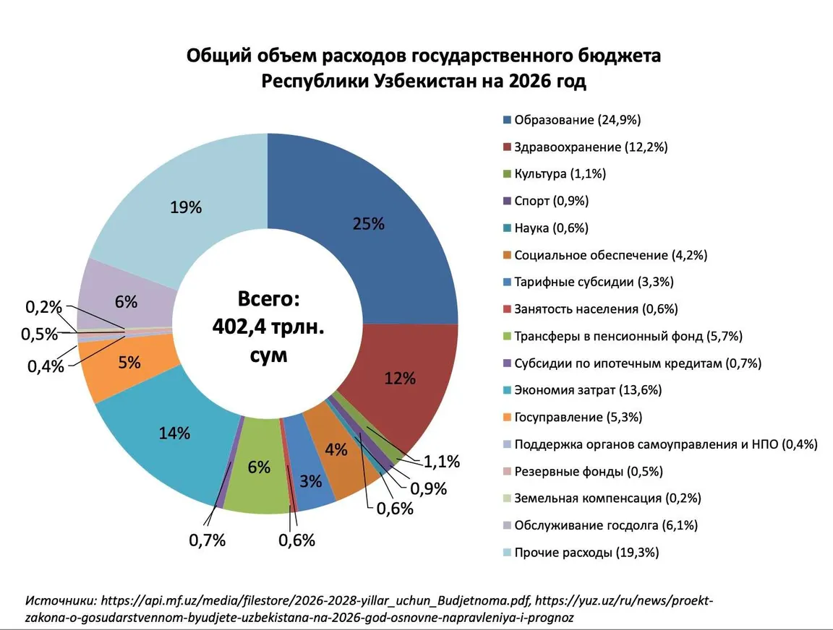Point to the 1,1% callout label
click(441, 462)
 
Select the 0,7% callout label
click(208, 539)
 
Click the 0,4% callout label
click(46, 366)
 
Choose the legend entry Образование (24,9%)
click(577, 119)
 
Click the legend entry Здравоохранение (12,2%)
click(590, 147)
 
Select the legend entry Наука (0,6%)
click(551, 228)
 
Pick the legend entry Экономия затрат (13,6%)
click(587, 390)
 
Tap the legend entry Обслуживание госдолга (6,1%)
click(605, 525)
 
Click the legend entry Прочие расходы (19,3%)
click(586, 553)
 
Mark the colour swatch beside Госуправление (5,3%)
click(508, 418)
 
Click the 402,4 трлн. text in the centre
click(268, 327)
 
